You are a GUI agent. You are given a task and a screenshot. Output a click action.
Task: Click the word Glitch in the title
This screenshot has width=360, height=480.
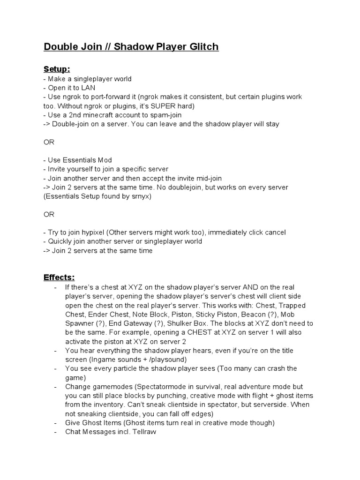tap(203, 47)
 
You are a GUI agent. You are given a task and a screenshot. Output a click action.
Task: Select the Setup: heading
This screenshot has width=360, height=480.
tap(57, 69)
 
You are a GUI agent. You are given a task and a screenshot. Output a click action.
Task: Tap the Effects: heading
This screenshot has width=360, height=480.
tap(59, 277)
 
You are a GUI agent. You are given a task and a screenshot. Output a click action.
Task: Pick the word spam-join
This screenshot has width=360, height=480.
tap(165, 115)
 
